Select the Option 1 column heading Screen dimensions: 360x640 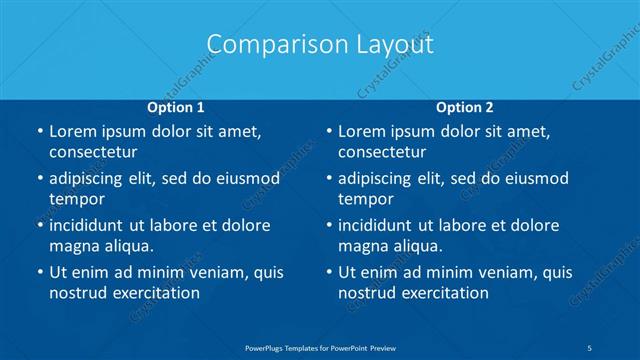tap(176, 106)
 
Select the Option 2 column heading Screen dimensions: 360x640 tap(465, 106)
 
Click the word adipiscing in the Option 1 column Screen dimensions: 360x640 tap(91, 178)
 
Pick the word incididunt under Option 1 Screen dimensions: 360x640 tap(92, 225)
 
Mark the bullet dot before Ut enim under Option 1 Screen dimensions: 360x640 tap(38, 272)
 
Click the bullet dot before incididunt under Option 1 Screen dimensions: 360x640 tap(38, 225)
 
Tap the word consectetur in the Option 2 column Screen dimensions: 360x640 tap(382, 152)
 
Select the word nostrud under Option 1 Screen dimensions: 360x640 tap(78, 293)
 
